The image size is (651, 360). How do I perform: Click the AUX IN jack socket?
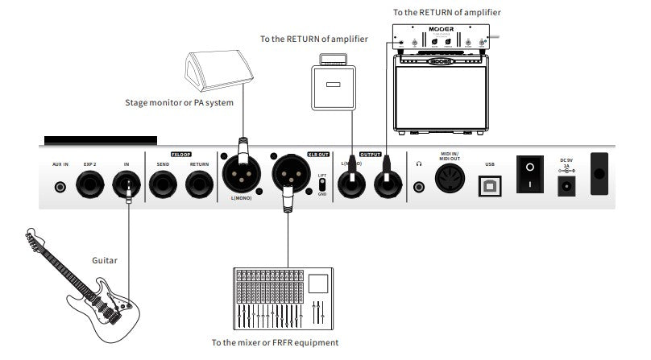60,188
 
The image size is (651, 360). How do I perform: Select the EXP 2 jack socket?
89,187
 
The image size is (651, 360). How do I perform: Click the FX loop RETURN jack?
198,187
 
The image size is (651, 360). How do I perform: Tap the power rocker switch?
529,174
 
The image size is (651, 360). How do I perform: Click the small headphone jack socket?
419,188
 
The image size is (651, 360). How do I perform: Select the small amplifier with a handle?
332,85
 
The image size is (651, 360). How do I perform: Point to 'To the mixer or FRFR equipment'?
275,342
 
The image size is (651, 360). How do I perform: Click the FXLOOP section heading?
180,153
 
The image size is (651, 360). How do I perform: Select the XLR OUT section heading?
296,153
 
